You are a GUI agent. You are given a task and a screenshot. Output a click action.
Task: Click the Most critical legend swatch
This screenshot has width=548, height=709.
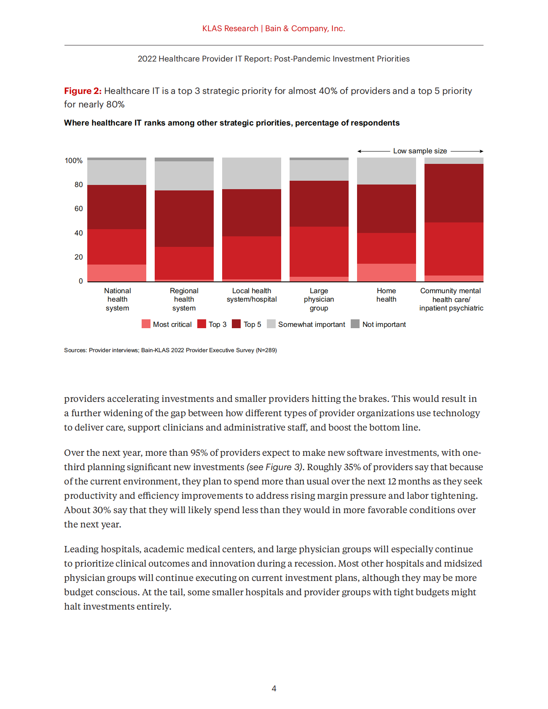(146, 324)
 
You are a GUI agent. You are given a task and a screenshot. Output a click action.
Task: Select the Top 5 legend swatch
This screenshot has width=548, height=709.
(236, 324)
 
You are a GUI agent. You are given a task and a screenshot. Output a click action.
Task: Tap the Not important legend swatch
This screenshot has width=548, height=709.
(355, 324)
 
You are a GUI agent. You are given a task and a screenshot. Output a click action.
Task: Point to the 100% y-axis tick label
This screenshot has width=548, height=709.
(73, 161)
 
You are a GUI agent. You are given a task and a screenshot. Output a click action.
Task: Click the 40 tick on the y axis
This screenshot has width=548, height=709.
(78, 233)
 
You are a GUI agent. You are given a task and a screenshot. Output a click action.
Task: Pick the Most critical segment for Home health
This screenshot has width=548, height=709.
(386, 273)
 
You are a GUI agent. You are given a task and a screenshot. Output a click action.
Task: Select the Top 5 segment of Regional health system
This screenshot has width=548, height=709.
(184, 219)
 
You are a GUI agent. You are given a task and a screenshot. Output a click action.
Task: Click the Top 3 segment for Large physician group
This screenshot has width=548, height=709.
(319, 251)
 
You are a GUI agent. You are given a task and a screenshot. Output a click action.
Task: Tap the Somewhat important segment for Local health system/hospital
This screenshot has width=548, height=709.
(251, 173)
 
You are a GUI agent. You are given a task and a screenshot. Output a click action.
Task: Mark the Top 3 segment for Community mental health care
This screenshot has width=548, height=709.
(454, 249)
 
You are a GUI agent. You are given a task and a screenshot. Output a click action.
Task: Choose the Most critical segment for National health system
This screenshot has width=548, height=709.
(117, 273)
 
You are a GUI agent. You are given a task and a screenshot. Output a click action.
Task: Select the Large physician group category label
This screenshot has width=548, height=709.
(319, 299)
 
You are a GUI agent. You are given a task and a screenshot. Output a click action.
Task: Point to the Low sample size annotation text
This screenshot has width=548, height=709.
(420, 151)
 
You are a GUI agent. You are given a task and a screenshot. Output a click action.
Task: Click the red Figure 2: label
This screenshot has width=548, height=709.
(83, 91)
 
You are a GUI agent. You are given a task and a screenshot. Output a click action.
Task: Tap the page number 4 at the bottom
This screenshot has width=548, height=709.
(274, 688)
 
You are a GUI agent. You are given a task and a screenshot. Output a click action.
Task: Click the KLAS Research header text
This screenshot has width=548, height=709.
(230, 28)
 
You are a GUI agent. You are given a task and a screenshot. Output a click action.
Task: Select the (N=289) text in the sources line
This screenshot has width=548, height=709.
(266, 350)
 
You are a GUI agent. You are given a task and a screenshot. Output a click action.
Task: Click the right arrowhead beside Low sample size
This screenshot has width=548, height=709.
(481, 151)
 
